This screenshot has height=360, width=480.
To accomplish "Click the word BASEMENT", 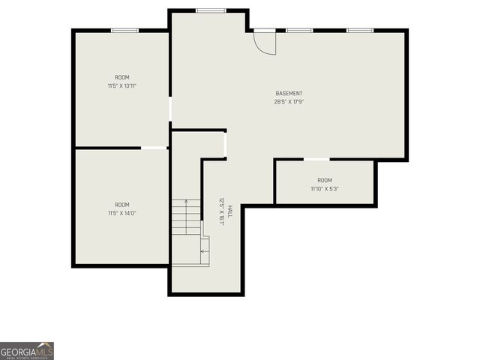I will [289, 94].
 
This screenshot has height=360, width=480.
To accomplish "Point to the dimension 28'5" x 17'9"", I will [289, 102].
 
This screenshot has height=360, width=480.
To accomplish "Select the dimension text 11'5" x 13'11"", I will [122, 86].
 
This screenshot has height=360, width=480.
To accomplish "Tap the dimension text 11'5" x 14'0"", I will [122, 213].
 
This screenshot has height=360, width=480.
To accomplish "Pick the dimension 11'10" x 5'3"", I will [325, 189].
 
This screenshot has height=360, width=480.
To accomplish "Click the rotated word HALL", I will [230, 211].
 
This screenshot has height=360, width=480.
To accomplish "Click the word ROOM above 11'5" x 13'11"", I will [122, 78].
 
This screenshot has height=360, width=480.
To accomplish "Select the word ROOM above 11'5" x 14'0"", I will [122, 205].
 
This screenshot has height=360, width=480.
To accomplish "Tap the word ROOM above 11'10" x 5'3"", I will [325, 181].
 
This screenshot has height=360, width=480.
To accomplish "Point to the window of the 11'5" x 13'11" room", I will [124, 30].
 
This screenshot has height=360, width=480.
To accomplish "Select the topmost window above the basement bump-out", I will [211, 10].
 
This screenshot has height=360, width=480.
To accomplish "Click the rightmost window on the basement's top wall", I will [360, 30].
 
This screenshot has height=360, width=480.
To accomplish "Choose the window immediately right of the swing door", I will [299, 30].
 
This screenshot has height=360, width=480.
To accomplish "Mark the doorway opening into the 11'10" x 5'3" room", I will [316, 159].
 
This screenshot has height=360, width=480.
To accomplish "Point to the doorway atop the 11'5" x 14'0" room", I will [154, 148].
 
